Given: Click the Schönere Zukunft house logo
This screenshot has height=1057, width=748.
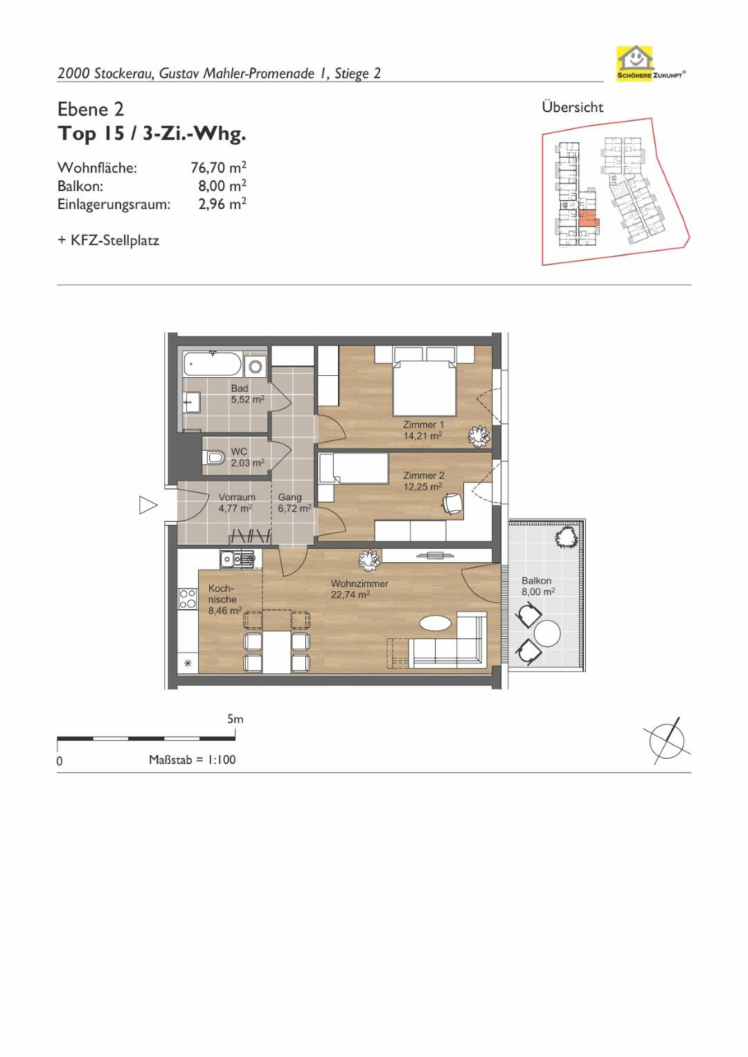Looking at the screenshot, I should tap(635, 61).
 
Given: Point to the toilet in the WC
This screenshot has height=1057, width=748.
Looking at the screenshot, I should tap(215, 458).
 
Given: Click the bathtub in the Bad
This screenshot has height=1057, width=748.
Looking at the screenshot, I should tap(212, 363).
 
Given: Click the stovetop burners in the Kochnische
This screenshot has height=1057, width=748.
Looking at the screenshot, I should tap(188, 598).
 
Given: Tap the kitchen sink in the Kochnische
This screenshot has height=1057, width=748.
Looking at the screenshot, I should tap(235, 558).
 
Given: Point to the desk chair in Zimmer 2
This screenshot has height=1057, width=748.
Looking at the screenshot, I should tap(453, 504).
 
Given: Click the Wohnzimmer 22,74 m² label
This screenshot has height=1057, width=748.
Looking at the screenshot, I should tap(359, 588).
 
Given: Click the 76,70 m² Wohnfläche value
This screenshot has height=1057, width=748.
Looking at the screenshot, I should tap(218, 168).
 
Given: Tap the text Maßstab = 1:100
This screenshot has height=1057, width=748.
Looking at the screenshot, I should tap(192, 759).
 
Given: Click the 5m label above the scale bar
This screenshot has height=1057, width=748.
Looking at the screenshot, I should tap(235, 719).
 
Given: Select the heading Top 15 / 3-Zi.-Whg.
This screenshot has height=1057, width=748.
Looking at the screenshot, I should tap(152, 134).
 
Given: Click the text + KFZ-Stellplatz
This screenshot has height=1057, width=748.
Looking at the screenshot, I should tap(108, 240).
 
